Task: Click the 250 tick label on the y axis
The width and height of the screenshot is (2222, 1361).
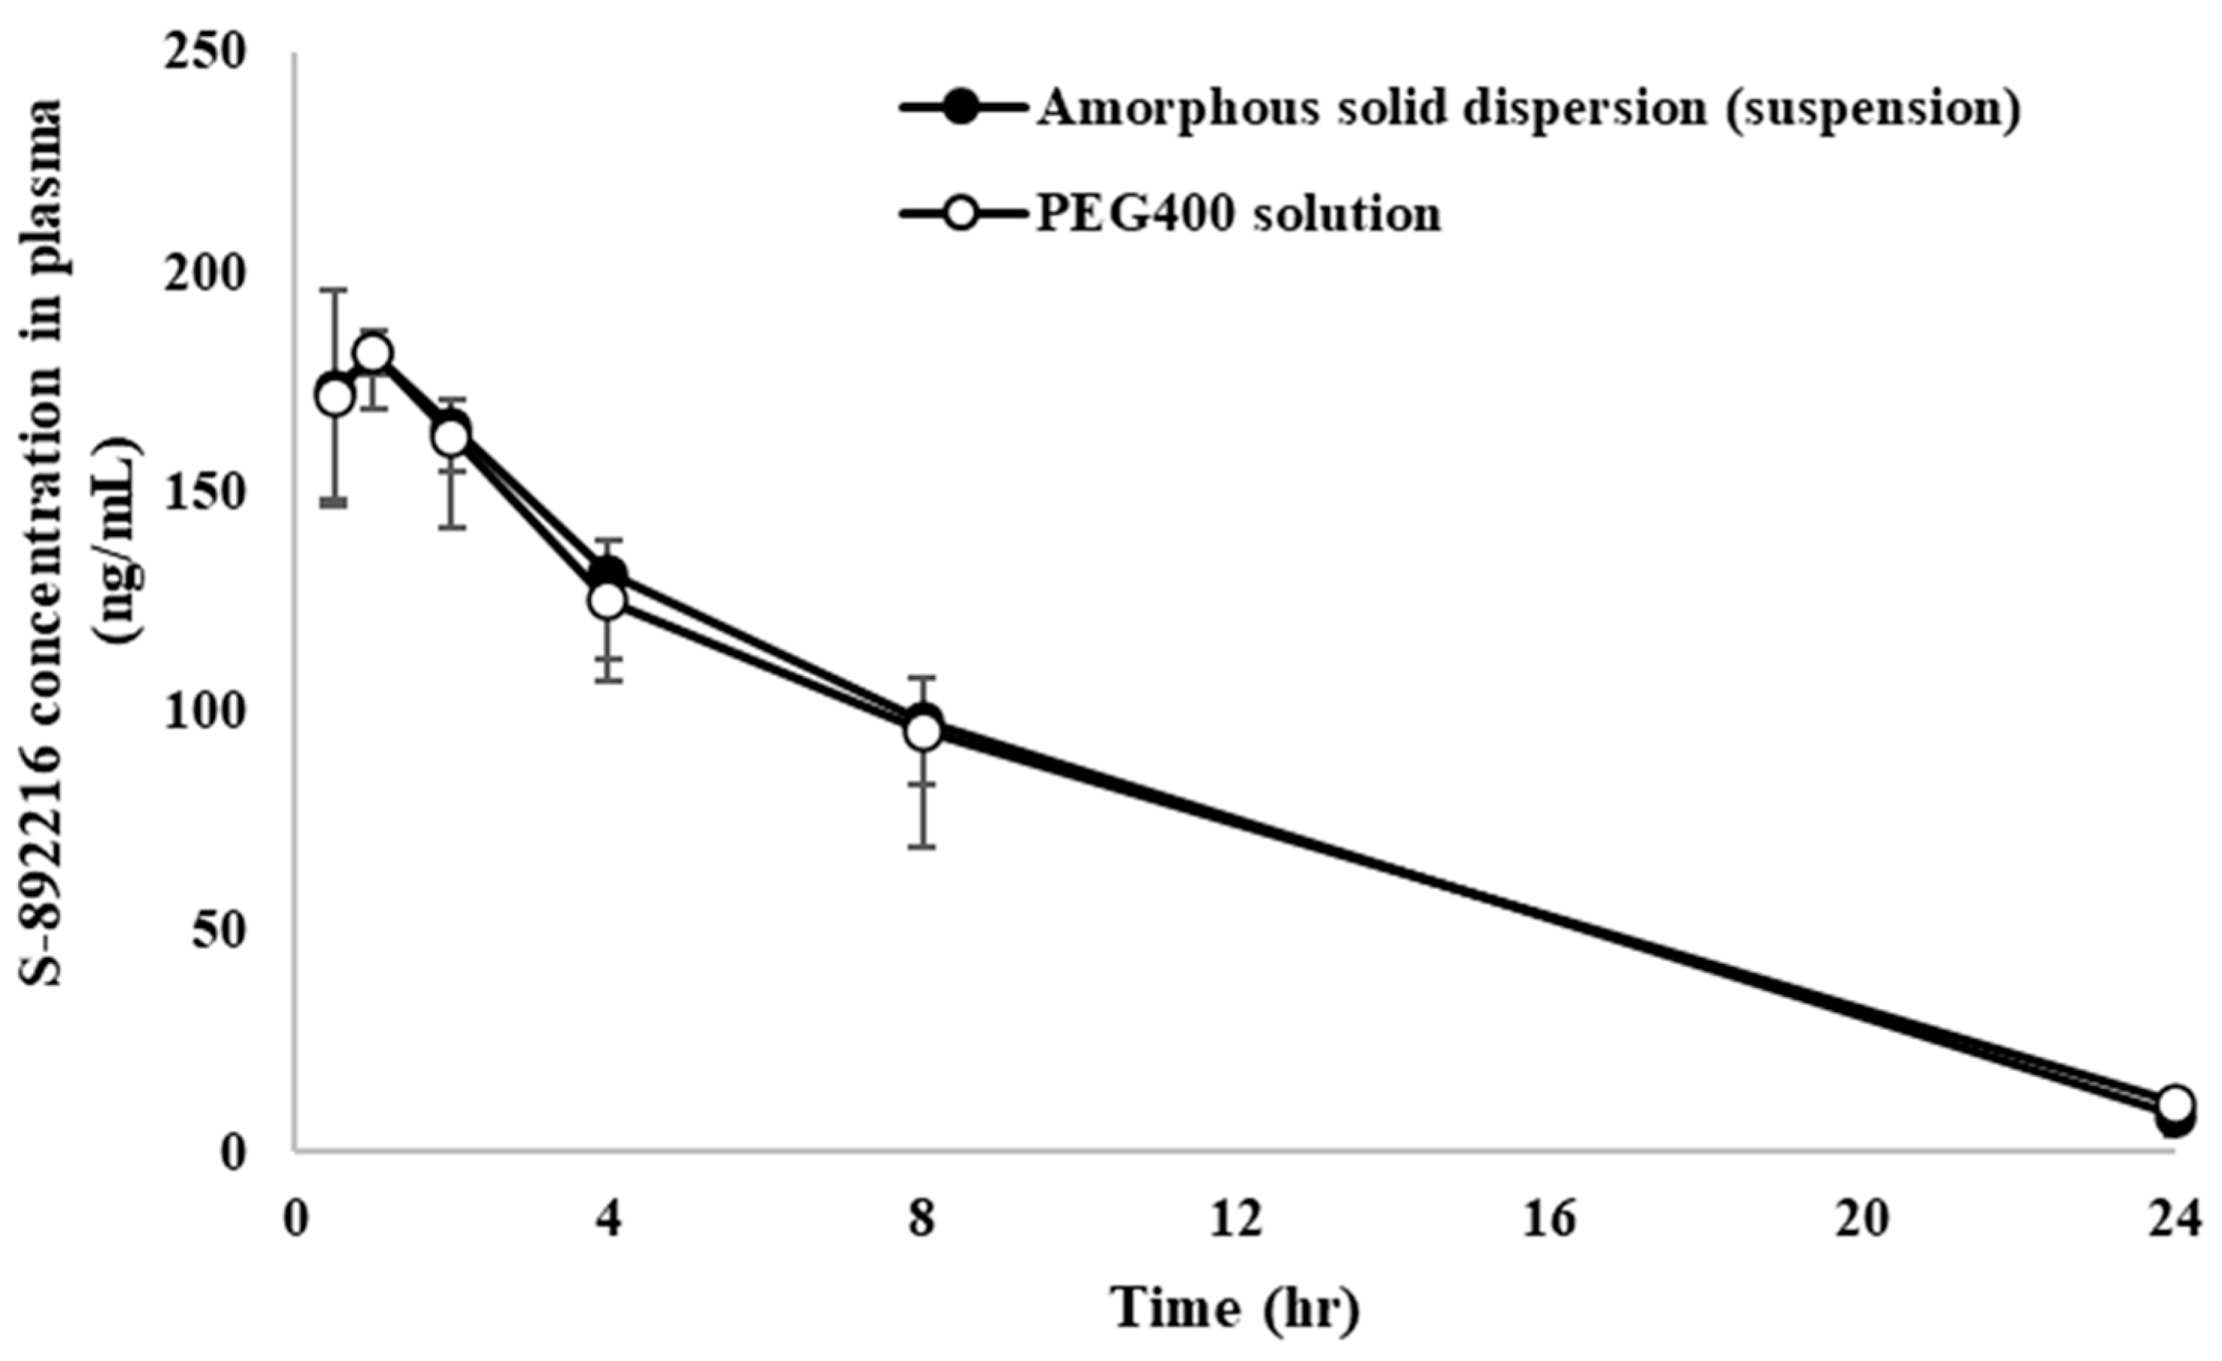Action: click(x=206, y=54)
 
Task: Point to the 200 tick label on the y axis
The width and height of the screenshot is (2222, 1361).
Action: click(x=206, y=274)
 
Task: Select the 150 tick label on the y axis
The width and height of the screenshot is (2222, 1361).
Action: click(x=206, y=493)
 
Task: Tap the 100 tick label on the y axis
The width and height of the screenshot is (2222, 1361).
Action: click(x=206, y=713)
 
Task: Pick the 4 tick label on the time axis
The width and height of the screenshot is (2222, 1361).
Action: click(x=610, y=1221)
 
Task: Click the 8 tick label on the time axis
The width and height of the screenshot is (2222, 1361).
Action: click(x=922, y=1221)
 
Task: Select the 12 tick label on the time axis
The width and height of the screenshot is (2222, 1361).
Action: click(x=1237, y=1221)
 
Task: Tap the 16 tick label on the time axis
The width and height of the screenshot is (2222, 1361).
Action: click(x=1550, y=1221)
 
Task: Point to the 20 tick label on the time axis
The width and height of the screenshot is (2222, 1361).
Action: click(x=1864, y=1221)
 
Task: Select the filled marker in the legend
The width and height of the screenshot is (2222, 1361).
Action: click(x=963, y=109)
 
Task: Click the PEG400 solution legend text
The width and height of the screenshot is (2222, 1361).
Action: click(x=1237, y=214)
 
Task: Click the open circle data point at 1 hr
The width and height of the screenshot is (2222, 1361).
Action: click(x=374, y=353)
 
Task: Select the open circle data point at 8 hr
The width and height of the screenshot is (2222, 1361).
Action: click(x=922, y=732)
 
